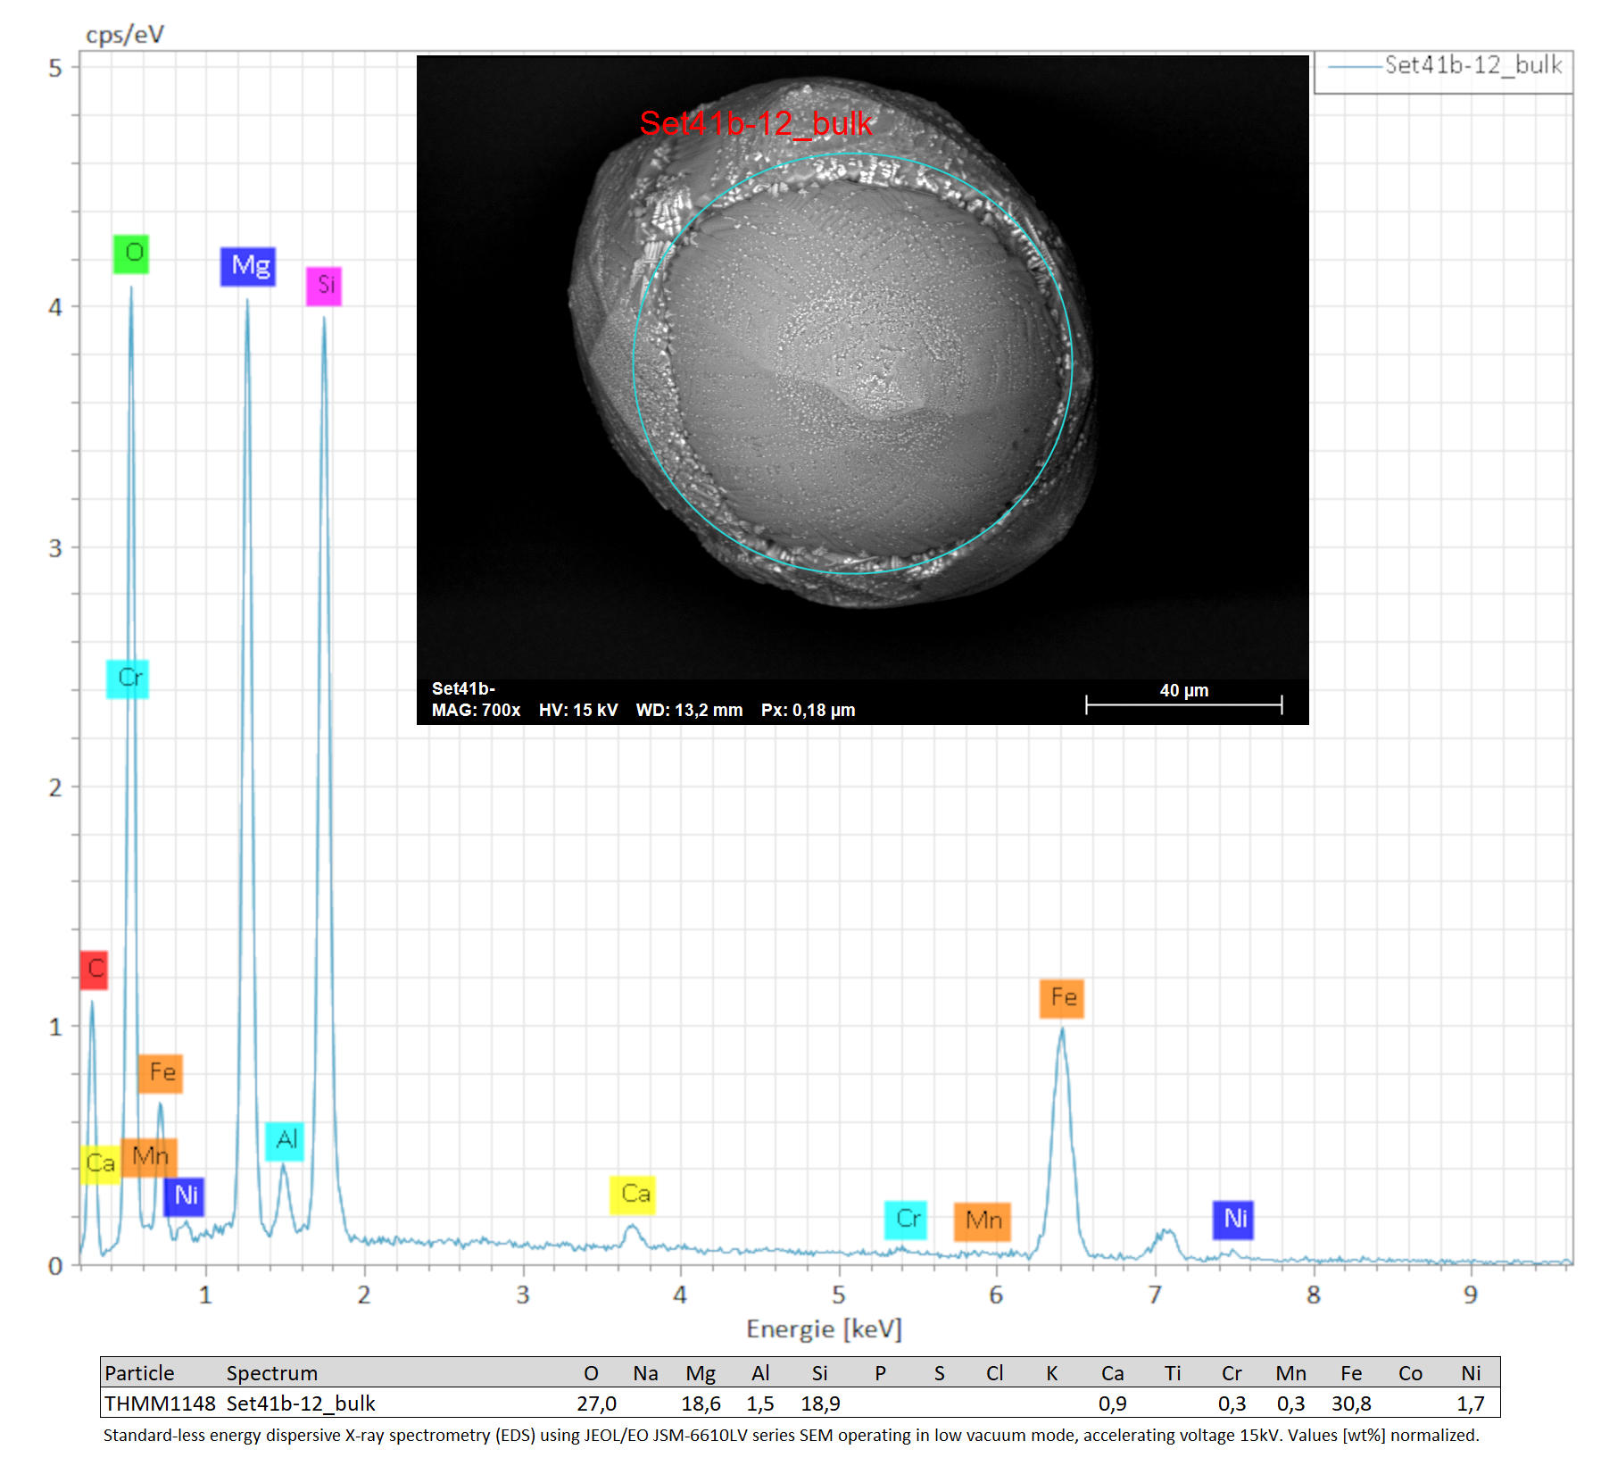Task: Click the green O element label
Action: click(x=131, y=254)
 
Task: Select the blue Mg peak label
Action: click(x=248, y=266)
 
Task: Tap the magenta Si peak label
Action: click(x=324, y=286)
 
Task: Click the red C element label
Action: click(x=94, y=970)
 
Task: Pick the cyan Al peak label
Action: click(x=285, y=1141)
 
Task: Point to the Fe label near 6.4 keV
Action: click(x=1062, y=998)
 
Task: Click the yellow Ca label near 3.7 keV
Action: click(x=633, y=1195)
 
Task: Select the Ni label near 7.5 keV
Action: click(x=1233, y=1220)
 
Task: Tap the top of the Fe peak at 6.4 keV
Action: click(x=1062, y=1029)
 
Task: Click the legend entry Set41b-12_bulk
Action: click(x=1472, y=65)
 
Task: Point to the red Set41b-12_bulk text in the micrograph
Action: click(x=755, y=123)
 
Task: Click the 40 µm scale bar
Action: click(x=1184, y=704)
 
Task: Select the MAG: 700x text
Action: click(x=476, y=711)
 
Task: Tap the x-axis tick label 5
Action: click(x=839, y=1295)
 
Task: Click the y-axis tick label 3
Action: click(x=55, y=547)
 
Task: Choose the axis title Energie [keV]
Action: click(x=825, y=1329)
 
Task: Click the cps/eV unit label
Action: click(x=125, y=35)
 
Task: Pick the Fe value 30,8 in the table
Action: click(x=1351, y=1404)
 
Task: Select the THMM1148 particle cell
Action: click(x=160, y=1404)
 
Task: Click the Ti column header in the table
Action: click(x=1173, y=1373)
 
